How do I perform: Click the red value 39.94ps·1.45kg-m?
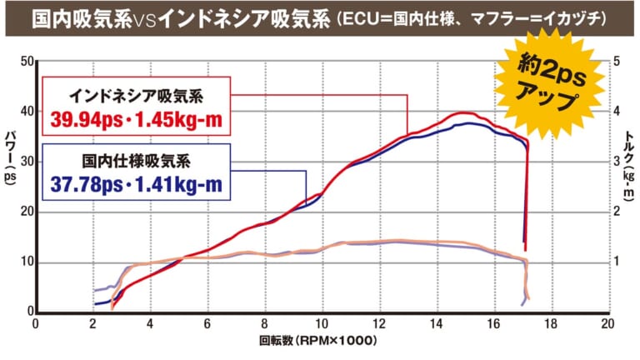[137, 119]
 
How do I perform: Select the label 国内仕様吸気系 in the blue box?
[135, 159]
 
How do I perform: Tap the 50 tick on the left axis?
[25, 62]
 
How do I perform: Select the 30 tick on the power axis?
[25, 162]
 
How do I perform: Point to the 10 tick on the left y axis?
[25, 262]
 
